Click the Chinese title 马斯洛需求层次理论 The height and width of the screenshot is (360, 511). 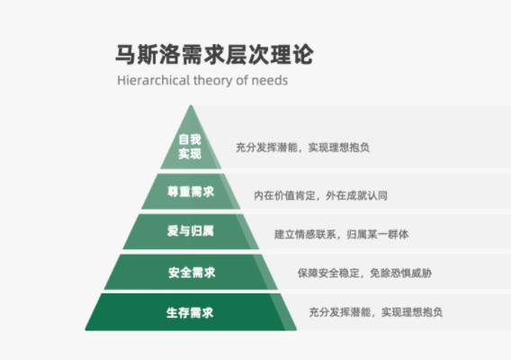pyautogui.click(x=214, y=55)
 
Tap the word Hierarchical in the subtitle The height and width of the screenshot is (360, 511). pyautogui.click(x=154, y=80)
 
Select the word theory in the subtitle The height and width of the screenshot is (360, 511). pyautogui.click(x=213, y=81)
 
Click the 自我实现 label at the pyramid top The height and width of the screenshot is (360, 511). pyautogui.click(x=190, y=147)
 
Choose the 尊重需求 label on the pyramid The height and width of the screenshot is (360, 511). pyautogui.click(x=191, y=192)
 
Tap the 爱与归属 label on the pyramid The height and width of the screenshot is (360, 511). pyautogui.click(x=191, y=231)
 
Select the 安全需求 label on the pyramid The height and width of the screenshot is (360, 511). pyautogui.click(x=192, y=273)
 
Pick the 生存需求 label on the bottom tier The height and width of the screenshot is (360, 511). pyautogui.click(x=190, y=312)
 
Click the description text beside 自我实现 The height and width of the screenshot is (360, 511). pyautogui.click(x=302, y=148)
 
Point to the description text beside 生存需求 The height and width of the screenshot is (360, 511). pyautogui.click(x=376, y=312)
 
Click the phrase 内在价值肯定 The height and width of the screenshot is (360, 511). pyautogui.click(x=284, y=195)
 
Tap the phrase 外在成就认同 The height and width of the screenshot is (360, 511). pyautogui.click(x=356, y=195)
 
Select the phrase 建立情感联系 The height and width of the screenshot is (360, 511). pyautogui.click(x=305, y=234)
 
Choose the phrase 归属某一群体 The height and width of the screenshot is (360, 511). pyautogui.click(x=377, y=234)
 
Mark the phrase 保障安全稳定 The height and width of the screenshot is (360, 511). pyautogui.click(x=328, y=273)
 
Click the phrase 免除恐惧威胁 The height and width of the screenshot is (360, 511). pyautogui.click(x=401, y=273)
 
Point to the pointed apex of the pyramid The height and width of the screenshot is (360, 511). pyautogui.click(x=191, y=105)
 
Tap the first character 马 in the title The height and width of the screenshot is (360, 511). pyautogui.click(x=125, y=55)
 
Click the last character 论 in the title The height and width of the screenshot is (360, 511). pyautogui.click(x=303, y=55)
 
